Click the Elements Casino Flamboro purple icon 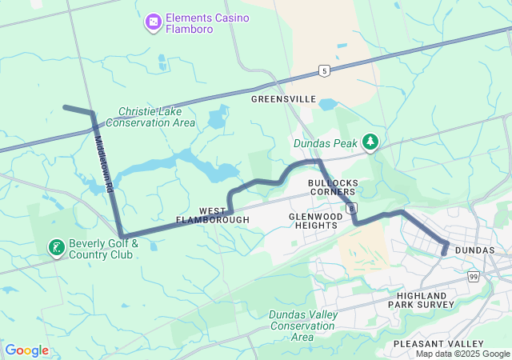(153, 24)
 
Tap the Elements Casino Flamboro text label (207, 24)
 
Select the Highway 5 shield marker (324, 70)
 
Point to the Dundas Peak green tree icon (370, 142)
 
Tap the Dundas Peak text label (326, 144)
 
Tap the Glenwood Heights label (314, 220)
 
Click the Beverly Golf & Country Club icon (56, 248)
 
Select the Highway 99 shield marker (474, 276)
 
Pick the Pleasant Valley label (438, 343)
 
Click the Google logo (26, 350)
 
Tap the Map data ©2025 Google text (462, 354)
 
